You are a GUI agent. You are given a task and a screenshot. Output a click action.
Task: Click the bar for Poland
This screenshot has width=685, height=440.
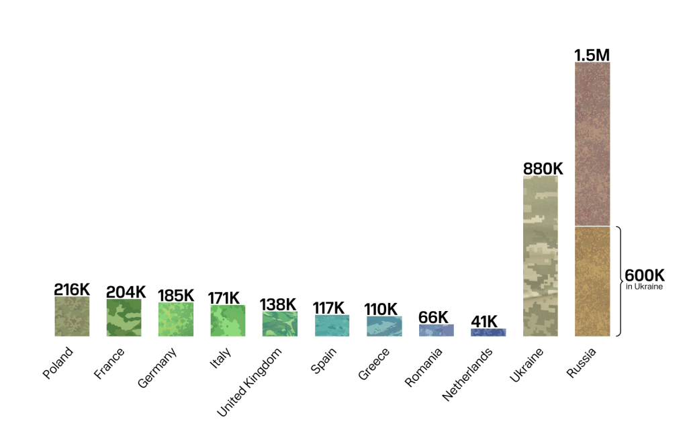click(x=72, y=316)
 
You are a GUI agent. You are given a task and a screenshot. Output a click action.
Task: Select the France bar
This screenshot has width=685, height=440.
click(x=124, y=318)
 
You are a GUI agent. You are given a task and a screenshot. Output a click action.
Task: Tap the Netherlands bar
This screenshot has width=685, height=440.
click(x=488, y=332)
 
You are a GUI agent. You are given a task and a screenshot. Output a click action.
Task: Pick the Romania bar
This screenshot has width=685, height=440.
click(x=436, y=330)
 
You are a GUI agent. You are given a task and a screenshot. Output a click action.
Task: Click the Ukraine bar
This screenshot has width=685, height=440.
click(x=541, y=256)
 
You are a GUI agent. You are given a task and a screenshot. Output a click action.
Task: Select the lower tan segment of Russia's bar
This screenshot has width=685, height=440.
click(x=592, y=281)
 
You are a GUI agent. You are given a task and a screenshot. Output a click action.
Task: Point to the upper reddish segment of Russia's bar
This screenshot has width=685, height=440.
click(x=592, y=144)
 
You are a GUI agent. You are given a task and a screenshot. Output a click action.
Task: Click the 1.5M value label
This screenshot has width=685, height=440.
click(x=592, y=54)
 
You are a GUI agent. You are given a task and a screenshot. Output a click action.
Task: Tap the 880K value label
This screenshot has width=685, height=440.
click(x=543, y=168)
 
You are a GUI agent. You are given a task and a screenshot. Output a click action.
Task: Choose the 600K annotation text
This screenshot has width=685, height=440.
click(x=645, y=276)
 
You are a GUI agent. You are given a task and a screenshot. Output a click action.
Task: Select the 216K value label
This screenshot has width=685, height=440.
click(x=72, y=290)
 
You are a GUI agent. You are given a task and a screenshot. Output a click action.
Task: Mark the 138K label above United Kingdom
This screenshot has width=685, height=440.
click(x=278, y=304)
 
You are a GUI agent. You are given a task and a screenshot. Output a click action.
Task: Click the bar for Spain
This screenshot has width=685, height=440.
click(x=332, y=325)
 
